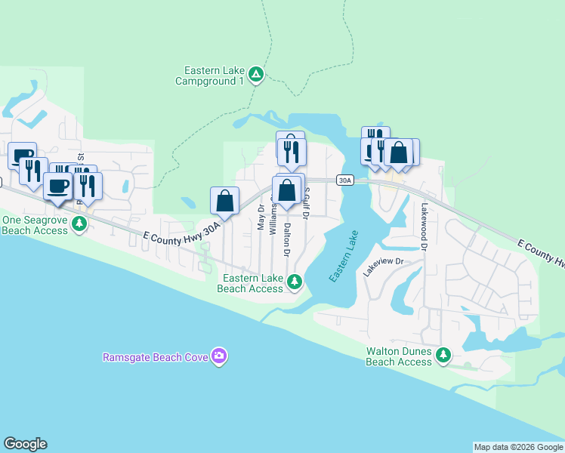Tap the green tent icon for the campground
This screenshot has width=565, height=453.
point(256,74)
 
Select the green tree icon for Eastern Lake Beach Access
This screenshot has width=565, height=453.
point(295,282)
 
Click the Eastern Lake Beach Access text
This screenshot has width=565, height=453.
point(250,283)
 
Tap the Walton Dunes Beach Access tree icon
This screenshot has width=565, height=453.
point(444,354)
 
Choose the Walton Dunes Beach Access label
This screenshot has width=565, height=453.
point(399,356)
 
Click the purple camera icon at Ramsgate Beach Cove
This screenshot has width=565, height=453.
point(219,356)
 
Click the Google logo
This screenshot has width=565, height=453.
point(25,444)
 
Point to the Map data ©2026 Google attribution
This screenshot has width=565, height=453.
point(518,447)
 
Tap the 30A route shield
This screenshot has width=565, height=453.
point(345,180)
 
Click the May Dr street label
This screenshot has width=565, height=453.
point(261,217)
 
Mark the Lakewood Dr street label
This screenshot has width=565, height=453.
point(425,226)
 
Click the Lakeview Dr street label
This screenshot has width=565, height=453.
point(384,267)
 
